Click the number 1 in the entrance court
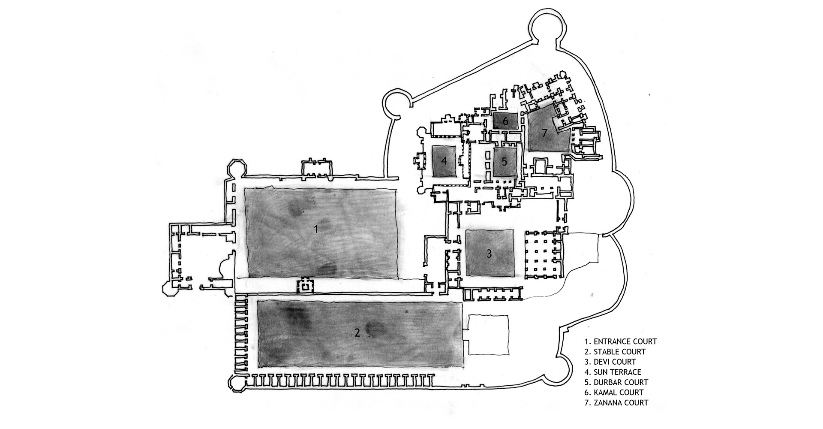[x=316, y=229]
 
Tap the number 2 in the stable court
[x=357, y=332]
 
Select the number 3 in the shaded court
[x=489, y=254]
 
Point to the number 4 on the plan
[x=444, y=161]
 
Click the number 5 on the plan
[x=504, y=162]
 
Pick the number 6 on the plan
[x=505, y=121]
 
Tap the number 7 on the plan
[x=544, y=133]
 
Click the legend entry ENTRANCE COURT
[x=620, y=342]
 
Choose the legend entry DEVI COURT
[x=610, y=362]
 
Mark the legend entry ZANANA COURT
[x=616, y=402]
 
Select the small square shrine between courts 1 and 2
[x=305, y=285]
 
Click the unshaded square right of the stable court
[x=488, y=335]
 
